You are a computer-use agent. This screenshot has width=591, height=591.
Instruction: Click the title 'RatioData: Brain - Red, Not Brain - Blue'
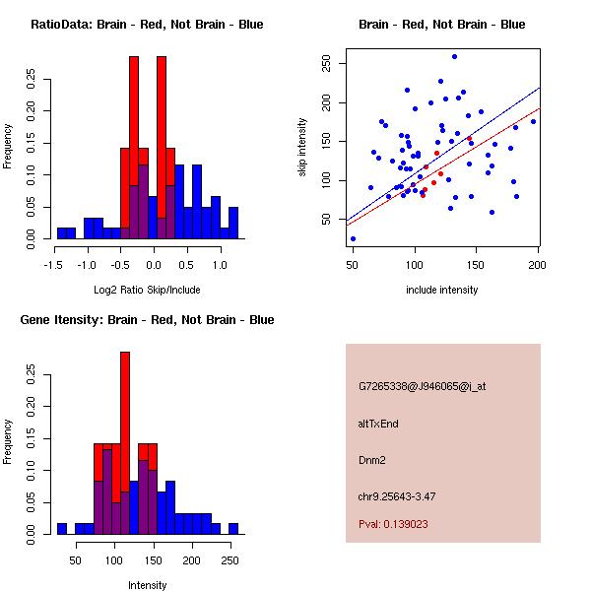pos(147,25)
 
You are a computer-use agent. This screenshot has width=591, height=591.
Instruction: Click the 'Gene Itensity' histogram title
pos(147,320)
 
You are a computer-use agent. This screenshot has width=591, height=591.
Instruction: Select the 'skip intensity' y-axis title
pos(303,148)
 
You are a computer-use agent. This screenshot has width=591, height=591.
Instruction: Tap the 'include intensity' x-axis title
pos(442,290)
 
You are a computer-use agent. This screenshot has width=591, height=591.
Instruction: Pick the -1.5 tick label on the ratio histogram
pos(53,264)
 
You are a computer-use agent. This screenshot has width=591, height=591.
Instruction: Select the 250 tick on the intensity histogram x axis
pos(230,559)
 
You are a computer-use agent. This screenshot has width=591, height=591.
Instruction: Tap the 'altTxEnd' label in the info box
pos(378,423)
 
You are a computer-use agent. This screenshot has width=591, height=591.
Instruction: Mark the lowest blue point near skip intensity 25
pos(353,238)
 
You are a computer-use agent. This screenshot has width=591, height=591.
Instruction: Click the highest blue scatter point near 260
pos(454,56)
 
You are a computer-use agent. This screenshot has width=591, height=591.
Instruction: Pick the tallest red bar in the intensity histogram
pos(125,443)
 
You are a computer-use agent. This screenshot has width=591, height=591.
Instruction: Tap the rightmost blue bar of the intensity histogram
pos(234,529)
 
